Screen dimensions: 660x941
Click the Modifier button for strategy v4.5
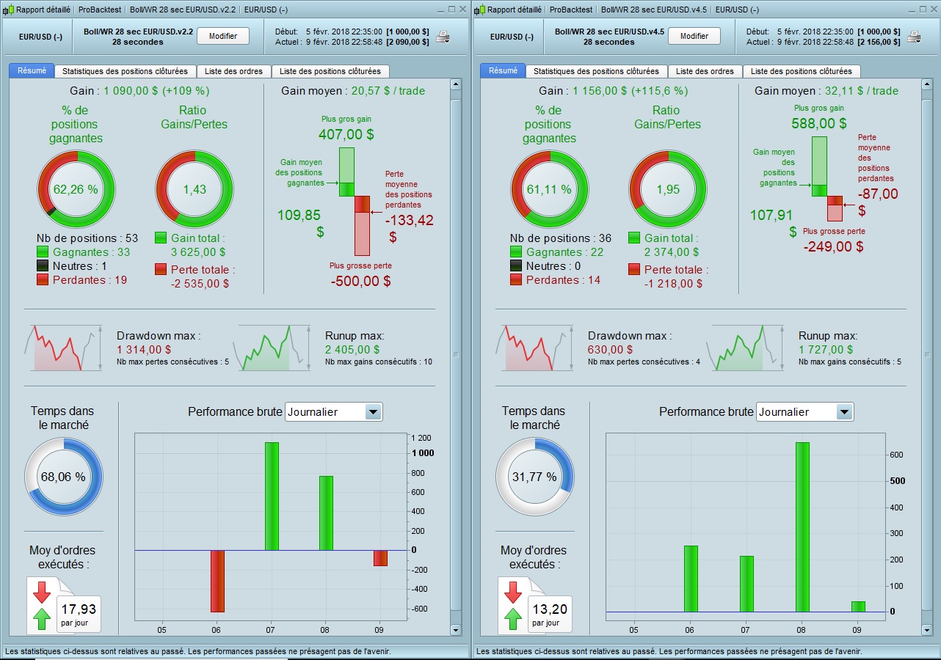(694, 36)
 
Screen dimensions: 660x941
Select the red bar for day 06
(217, 580)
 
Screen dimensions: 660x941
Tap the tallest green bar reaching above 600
(802, 527)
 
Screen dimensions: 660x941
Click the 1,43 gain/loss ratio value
(195, 189)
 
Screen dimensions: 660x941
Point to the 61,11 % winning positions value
(549, 189)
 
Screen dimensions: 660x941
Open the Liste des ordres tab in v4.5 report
(705, 71)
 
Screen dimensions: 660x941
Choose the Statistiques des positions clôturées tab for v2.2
(126, 71)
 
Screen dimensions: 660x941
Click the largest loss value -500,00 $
(360, 281)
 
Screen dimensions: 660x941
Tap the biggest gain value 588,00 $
(818, 124)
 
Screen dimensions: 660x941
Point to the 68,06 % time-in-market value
(63, 477)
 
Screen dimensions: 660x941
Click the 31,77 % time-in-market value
(534, 477)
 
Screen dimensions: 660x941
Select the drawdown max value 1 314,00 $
(144, 350)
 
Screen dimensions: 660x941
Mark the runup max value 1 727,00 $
(826, 350)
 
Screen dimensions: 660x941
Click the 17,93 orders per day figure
(79, 609)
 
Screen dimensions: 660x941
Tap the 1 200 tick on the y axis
(423, 438)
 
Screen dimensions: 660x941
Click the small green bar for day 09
(858, 606)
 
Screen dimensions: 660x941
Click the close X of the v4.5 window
(933, 10)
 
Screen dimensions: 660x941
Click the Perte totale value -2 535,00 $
(200, 283)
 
